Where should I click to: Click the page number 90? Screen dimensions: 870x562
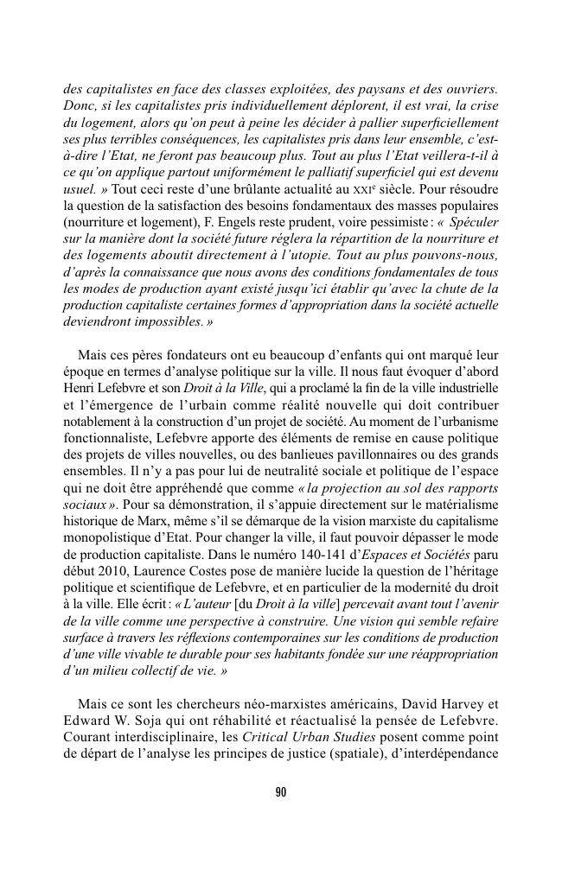[281, 792]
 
